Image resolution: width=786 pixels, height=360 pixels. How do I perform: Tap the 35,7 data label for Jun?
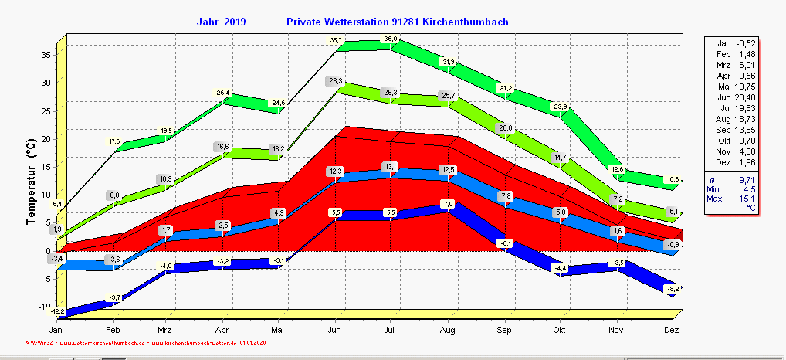[x=336, y=40]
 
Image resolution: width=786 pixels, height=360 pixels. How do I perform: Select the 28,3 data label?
[x=335, y=80]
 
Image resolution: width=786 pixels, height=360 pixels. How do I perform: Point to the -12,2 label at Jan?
[x=57, y=311]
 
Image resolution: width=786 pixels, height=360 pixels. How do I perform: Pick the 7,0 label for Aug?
[x=448, y=203]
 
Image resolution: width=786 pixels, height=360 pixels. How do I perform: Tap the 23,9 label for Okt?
[x=560, y=107]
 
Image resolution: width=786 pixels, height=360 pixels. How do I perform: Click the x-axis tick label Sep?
[x=503, y=330]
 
